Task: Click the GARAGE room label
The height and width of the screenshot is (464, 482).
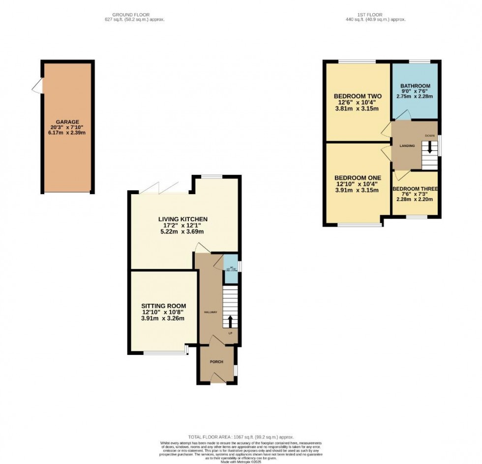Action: tap(67, 122)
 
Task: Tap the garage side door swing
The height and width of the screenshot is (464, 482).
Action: tap(37, 87)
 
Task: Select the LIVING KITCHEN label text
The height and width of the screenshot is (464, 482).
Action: tap(182, 219)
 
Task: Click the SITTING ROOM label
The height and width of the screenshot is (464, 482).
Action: tap(164, 306)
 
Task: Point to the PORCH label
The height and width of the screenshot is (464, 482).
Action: tap(216, 362)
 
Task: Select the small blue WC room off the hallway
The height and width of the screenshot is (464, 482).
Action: tap(231, 269)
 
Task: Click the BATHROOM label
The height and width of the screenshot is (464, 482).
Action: tap(415, 86)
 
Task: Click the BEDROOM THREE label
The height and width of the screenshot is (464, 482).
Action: tap(415, 188)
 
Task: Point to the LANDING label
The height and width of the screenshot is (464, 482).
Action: tap(407, 146)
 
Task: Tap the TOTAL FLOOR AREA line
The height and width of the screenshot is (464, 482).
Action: tap(241, 436)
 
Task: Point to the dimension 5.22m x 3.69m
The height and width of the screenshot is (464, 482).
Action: tap(182, 232)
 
